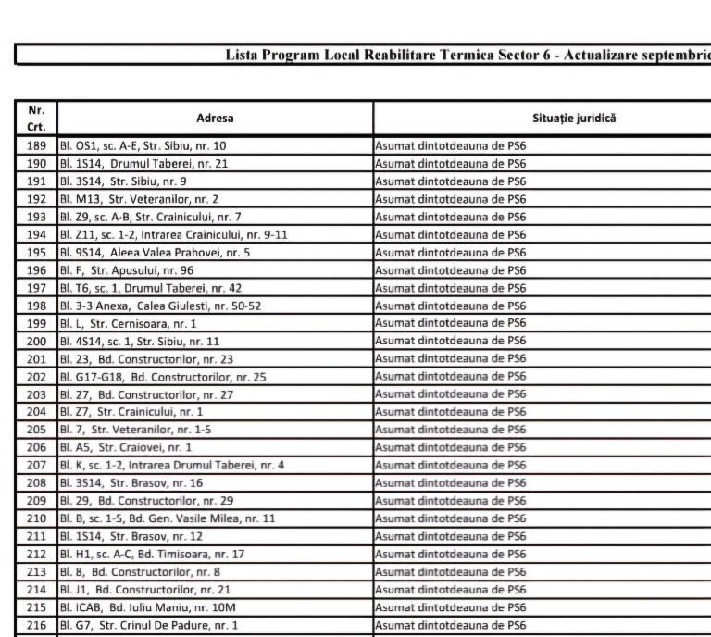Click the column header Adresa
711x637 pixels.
215,119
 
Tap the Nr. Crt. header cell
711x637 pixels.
37,119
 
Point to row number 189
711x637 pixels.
37,146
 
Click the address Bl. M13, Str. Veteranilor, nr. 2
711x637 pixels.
140,199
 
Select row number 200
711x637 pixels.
37,342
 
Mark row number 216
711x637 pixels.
37,625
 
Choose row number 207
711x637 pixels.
37,465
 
